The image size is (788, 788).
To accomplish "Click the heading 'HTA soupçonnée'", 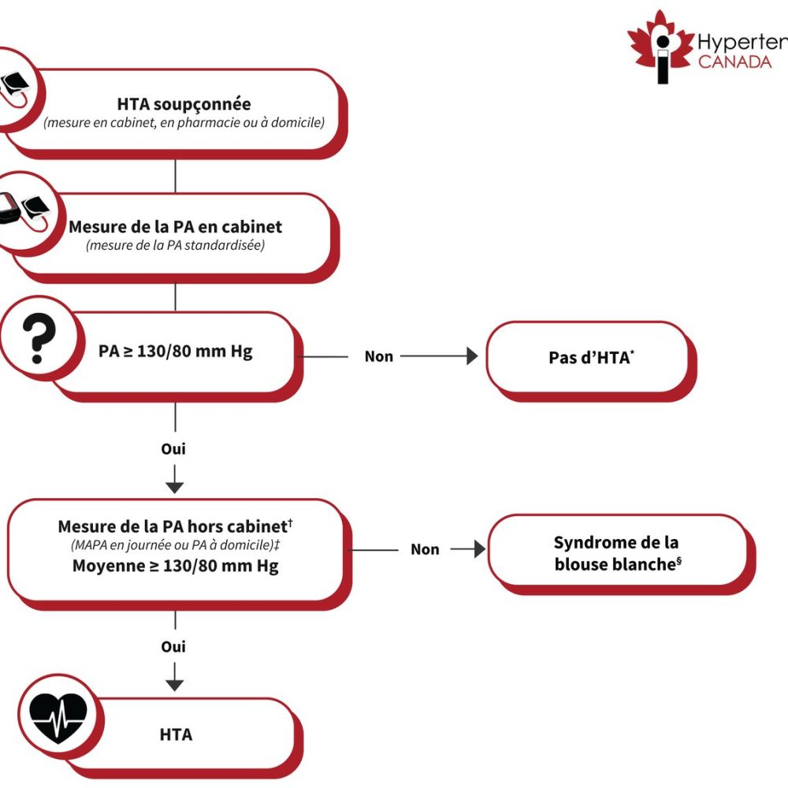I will click(x=184, y=104).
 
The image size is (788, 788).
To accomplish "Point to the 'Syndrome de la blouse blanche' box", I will click(x=616, y=552).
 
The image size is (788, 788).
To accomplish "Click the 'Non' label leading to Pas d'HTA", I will click(x=378, y=356).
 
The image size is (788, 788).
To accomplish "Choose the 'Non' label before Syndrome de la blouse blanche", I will click(x=425, y=549).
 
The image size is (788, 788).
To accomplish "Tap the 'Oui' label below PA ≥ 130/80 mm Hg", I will click(x=173, y=449).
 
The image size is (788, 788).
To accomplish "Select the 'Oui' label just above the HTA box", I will click(x=173, y=646).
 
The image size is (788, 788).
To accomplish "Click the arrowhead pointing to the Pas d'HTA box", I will click(x=472, y=356).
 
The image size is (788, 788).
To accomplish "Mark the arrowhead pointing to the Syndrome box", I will click(x=480, y=549).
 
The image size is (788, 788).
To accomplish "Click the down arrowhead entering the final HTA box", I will click(x=175, y=684).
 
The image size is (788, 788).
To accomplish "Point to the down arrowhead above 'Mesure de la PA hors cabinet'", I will click(x=175, y=486).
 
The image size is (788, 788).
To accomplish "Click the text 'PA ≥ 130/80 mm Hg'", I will click(x=176, y=351).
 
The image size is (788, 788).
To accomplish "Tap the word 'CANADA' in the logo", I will click(x=735, y=61).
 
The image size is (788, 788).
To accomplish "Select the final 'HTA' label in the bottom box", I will click(x=176, y=734).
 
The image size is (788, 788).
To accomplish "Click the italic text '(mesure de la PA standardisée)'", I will click(x=175, y=246).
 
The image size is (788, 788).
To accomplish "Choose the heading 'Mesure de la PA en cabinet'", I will click(x=175, y=227).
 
